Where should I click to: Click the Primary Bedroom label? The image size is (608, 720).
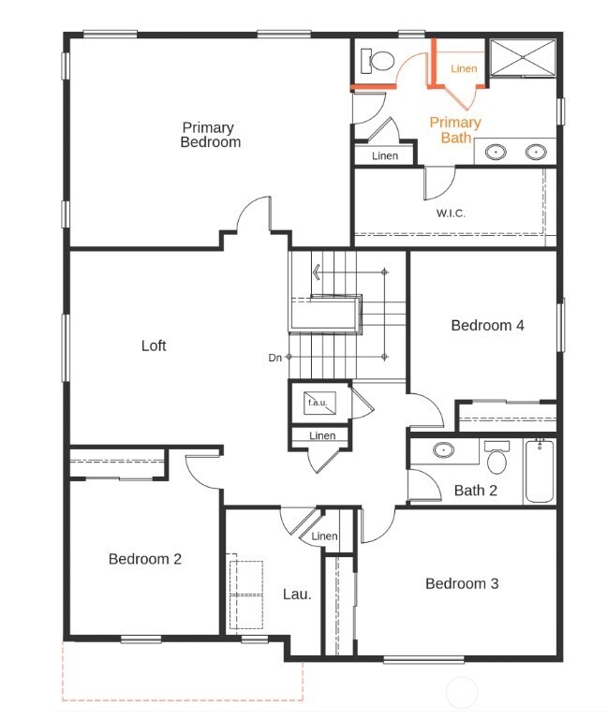pyautogui.click(x=210, y=135)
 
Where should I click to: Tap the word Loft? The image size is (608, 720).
pyautogui.click(x=154, y=345)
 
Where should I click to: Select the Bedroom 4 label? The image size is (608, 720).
pyautogui.click(x=487, y=325)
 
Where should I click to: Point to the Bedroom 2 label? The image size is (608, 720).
pyautogui.click(x=145, y=559)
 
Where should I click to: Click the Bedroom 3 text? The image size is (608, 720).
pyautogui.click(x=462, y=583)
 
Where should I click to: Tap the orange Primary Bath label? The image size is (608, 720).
pyautogui.click(x=455, y=130)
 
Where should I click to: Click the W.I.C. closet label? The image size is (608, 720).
pyautogui.click(x=451, y=213)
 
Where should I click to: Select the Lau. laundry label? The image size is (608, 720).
pyautogui.click(x=297, y=595)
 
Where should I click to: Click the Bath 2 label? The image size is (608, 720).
pyautogui.click(x=475, y=491)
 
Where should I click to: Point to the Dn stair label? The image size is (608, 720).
pyautogui.click(x=274, y=358)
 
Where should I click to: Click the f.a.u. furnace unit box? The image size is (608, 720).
pyautogui.click(x=319, y=403)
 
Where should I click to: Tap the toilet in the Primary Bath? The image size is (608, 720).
pyautogui.click(x=378, y=61)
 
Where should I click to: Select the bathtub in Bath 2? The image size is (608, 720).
pyautogui.click(x=540, y=471)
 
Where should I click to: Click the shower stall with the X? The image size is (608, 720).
pyautogui.click(x=523, y=57)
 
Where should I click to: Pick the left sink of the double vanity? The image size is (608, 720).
pyautogui.click(x=496, y=152)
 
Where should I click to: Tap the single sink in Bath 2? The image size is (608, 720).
pyautogui.click(x=443, y=450)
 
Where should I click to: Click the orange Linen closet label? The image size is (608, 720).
pyautogui.click(x=464, y=68)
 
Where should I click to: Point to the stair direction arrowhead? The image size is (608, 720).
pyautogui.click(x=316, y=272)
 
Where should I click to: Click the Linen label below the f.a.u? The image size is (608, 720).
pyautogui.click(x=322, y=435)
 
